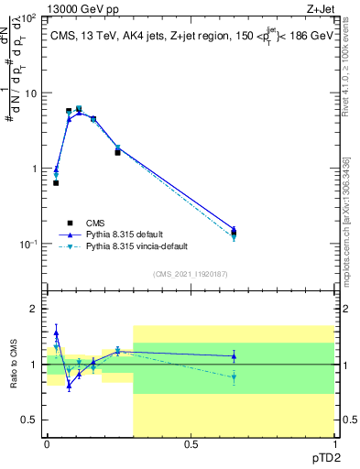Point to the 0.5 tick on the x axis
(x=191, y=443)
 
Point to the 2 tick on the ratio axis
(x=34, y=309)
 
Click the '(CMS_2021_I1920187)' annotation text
(x=191, y=272)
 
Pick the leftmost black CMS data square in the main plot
(x=56, y=183)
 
